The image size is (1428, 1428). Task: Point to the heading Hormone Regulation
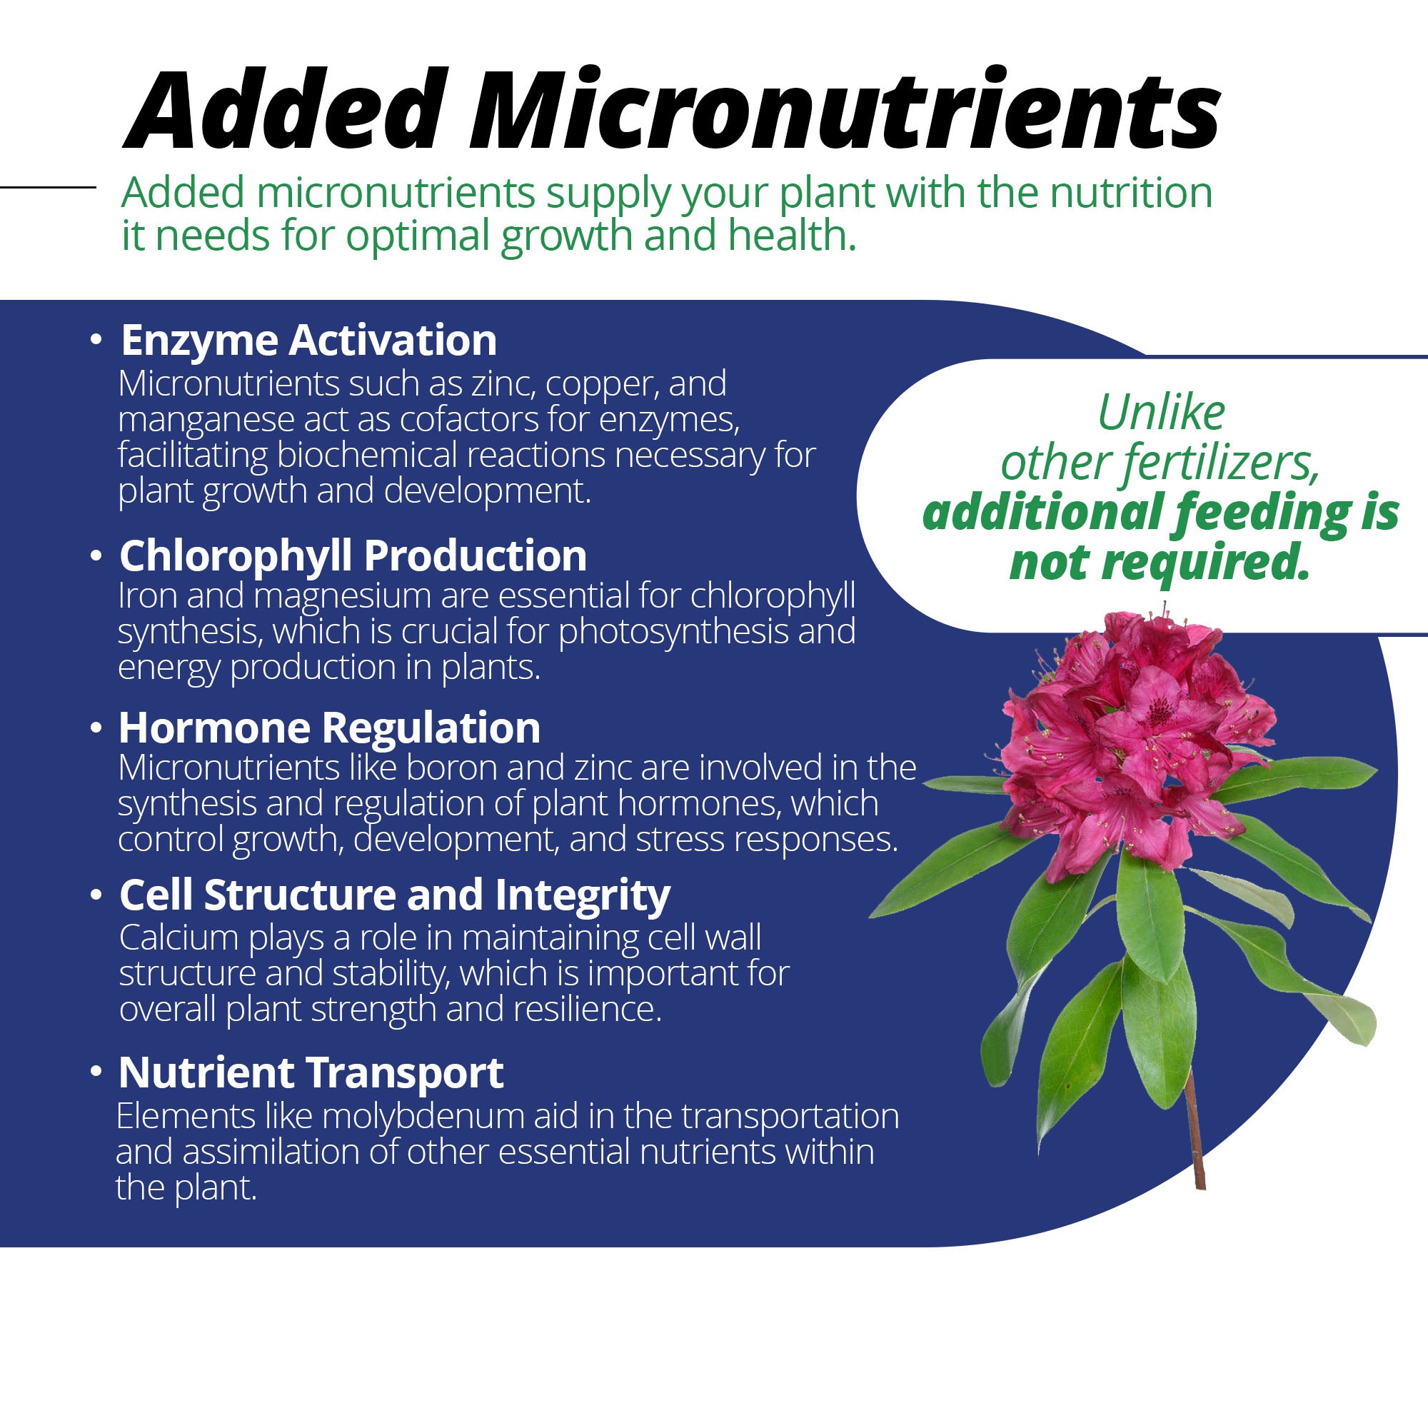(x=329, y=728)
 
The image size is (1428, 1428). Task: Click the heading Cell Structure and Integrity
(x=395, y=895)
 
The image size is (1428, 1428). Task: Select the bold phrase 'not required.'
(x=1159, y=563)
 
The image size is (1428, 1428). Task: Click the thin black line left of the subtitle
(x=47, y=187)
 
